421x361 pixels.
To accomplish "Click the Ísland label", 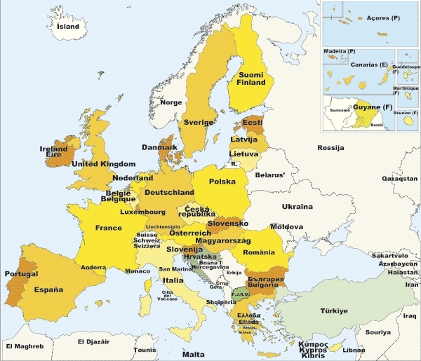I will point(68,27).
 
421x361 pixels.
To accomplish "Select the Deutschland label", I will point(169,192).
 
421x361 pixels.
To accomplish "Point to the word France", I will point(109,228).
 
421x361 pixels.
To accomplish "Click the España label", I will point(49,290).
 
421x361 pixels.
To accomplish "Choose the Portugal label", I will point(21,273).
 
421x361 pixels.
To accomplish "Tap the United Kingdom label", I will point(104,164).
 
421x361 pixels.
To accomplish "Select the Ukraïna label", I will point(297,207).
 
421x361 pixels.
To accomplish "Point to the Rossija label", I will point(330,148).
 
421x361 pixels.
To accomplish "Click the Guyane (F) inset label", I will point(373,107).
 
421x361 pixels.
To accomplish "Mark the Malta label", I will point(193,354).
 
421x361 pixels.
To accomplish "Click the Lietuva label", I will point(243,154).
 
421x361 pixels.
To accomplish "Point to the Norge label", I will point(171,102).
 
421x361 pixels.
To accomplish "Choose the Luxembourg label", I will point(142,212).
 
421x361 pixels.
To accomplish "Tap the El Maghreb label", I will point(25,346).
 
